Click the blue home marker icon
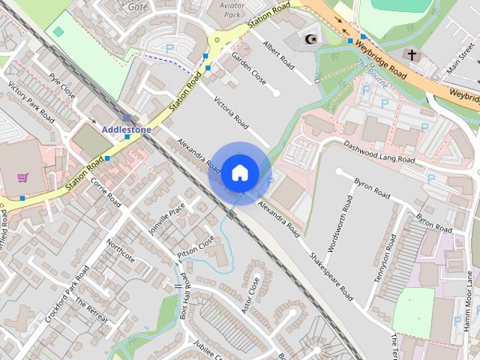239,173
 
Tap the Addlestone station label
126,129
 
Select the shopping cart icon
23,178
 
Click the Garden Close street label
248,68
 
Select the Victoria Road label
230,112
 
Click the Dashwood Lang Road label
379,151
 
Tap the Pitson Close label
196,248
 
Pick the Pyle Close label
61,87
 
